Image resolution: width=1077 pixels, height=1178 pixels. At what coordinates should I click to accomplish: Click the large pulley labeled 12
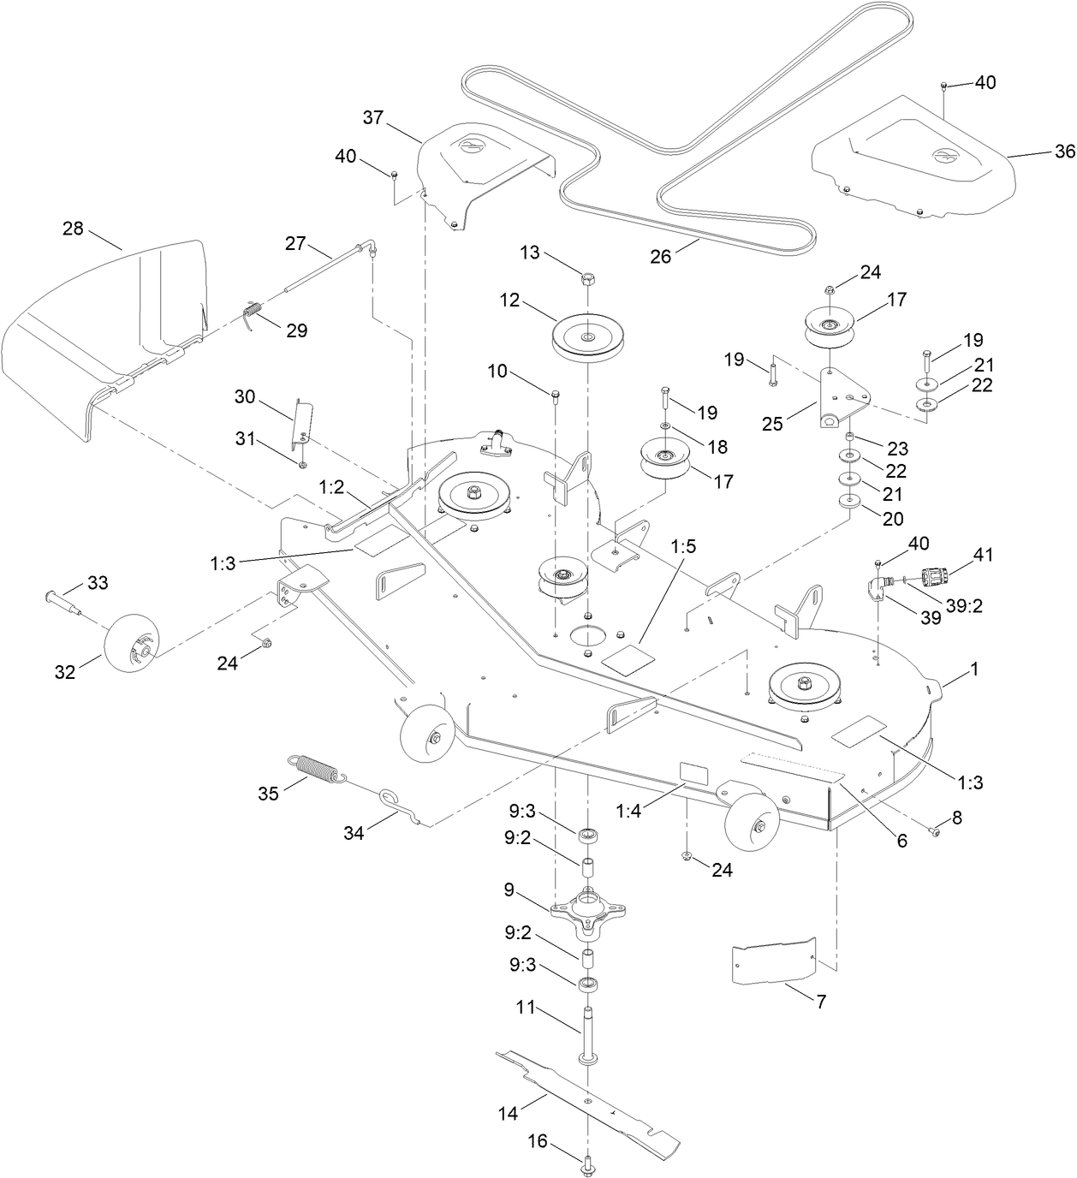pyautogui.click(x=588, y=335)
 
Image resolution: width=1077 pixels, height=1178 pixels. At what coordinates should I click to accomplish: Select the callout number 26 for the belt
pyautogui.click(x=660, y=254)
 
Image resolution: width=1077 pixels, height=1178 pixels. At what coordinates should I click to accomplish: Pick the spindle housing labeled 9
pyautogui.click(x=587, y=908)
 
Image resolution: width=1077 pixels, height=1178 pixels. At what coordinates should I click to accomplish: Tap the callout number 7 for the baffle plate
pyautogui.click(x=820, y=1001)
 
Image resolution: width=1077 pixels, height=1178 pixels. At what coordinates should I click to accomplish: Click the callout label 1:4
pyautogui.click(x=628, y=812)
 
